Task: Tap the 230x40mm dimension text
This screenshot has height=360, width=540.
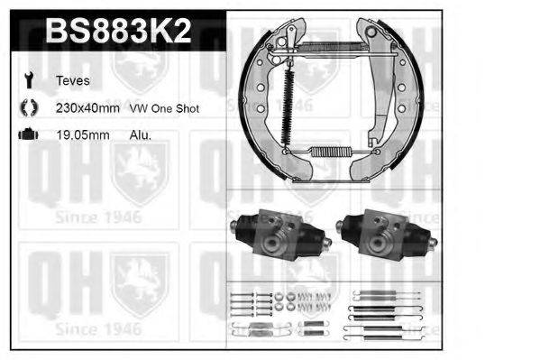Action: (88, 107)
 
